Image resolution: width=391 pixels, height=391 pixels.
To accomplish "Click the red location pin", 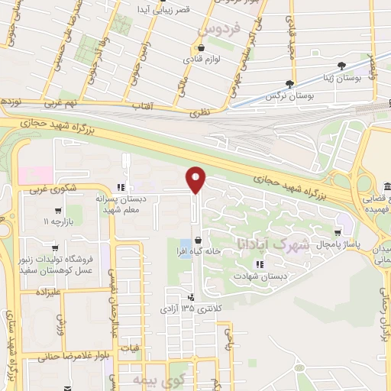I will [197, 179].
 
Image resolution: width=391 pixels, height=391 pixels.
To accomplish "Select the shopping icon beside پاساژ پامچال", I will [338, 231].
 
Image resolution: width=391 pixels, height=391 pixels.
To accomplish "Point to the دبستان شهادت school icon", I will [260, 264].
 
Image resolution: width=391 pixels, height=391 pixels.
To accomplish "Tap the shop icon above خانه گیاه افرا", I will [198, 240].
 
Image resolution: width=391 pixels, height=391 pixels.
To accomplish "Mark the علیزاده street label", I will [43, 292].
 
